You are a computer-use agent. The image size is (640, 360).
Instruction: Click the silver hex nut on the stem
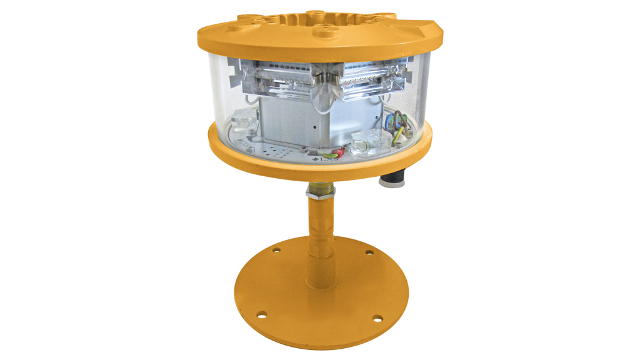[320, 191]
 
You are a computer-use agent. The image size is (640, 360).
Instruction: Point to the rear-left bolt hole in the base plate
[275, 250]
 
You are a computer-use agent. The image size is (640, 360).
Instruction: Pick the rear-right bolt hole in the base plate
[369, 253]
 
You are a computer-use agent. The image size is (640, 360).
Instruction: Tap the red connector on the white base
[337, 152]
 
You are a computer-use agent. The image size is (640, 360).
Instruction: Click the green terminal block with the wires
[397, 132]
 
